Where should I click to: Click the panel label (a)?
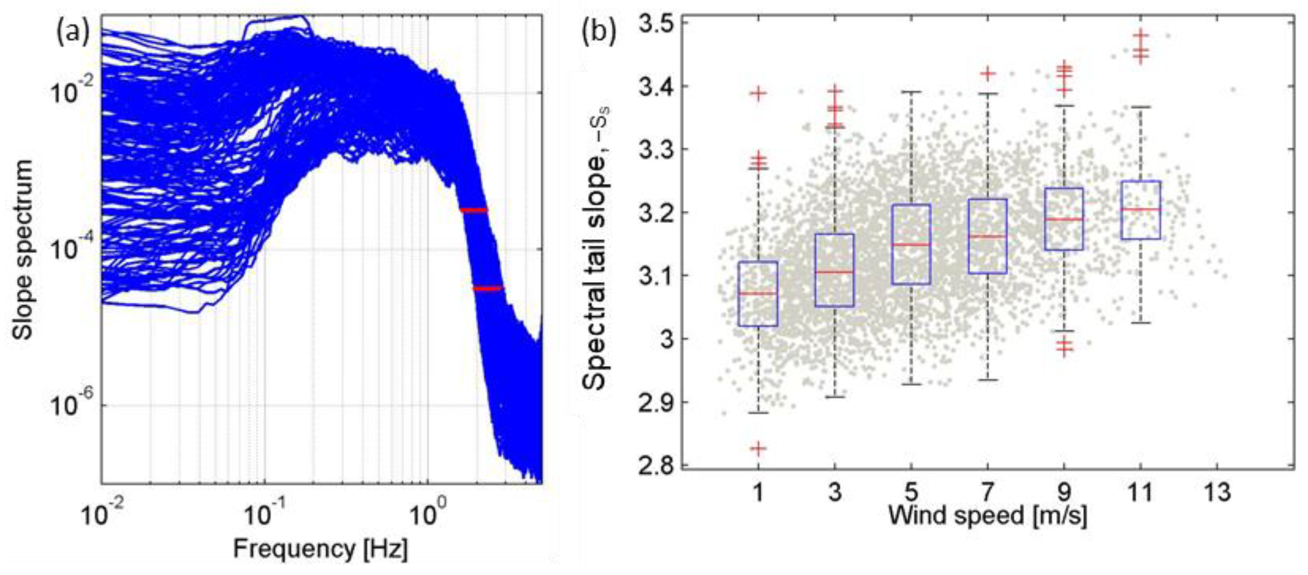click(73, 34)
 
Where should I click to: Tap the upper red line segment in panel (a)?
click(474, 210)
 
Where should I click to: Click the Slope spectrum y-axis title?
click(23, 250)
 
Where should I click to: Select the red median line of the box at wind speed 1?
click(758, 293)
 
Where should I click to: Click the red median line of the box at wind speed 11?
click(1140, 209)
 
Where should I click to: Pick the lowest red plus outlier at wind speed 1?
click(758, 448)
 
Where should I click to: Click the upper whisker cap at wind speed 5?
click(911, 92)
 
